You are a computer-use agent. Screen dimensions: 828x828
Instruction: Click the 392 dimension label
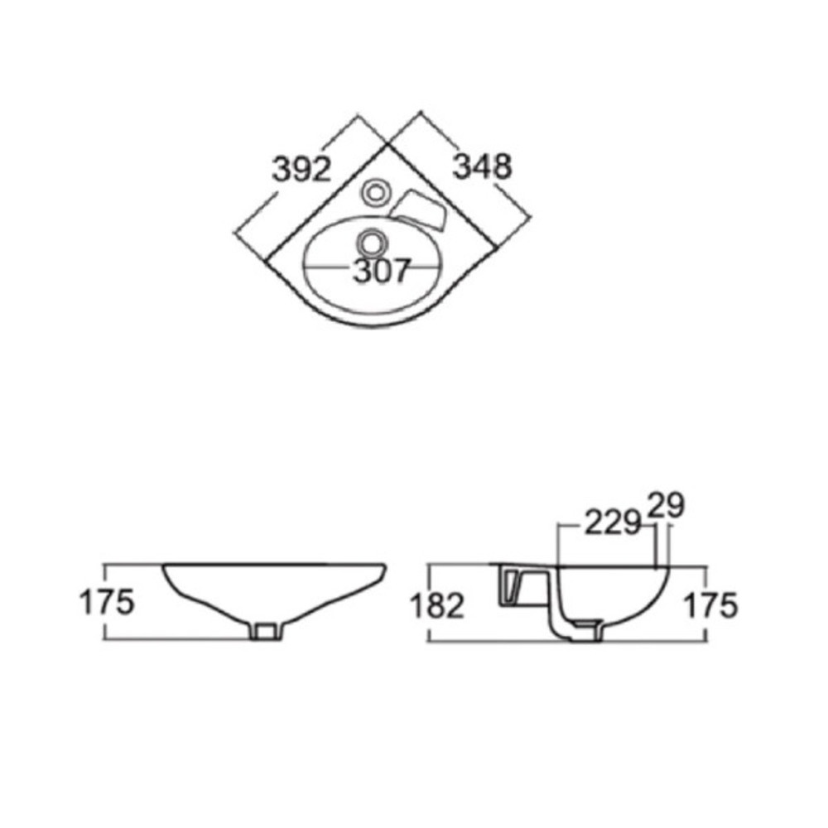coord(301,170)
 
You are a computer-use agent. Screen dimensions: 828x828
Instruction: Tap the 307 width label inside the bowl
coord(381,271)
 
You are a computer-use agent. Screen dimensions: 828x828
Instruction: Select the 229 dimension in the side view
coord(613,524)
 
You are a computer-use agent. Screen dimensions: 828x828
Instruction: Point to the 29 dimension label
coord(666,505)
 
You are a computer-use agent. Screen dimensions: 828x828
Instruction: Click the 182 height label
coord(437,605)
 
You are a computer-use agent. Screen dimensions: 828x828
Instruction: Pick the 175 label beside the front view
coord(107,602)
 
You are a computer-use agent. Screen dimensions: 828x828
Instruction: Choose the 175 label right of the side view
coord(710,605)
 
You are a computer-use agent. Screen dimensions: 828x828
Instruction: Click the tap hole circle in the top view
coord(375,193)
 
